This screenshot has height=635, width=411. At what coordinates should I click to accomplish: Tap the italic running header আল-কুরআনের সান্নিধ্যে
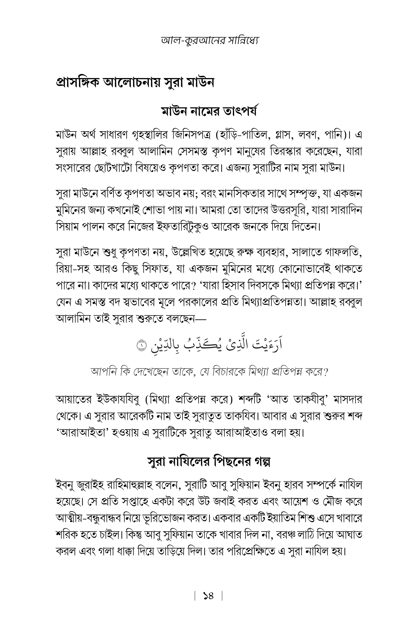click(x=209, y=41)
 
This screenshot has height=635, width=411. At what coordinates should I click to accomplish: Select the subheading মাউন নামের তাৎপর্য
click(x=209, y=112)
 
